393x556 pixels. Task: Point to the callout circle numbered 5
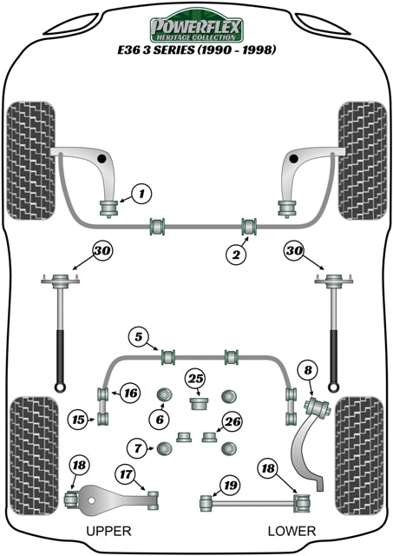pyautogui.click(x=138, y=335)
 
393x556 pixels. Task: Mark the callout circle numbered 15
pyautogui.click(x=78, y=420)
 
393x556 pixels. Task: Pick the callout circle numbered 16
pyautogui.click(x=130, y=393)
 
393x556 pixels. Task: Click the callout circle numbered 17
pyautogui.click(x=126, y=474)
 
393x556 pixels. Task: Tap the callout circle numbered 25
pyautogui.click(x=196, y=378)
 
